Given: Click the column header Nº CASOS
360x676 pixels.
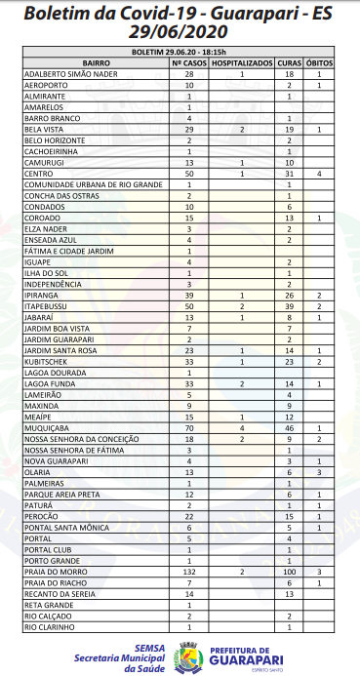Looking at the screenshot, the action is click(x=189, y=61).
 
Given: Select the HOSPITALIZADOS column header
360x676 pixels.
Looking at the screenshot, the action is click(x=242, y=61).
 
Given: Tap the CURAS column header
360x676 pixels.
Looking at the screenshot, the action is click(x=290, y=61).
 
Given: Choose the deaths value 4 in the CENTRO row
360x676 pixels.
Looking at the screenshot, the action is click(x=319, y=174).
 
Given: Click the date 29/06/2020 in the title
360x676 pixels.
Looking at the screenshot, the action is click(x=180, y=30).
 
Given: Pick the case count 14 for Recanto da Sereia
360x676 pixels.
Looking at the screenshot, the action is click(x=189, y=595).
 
